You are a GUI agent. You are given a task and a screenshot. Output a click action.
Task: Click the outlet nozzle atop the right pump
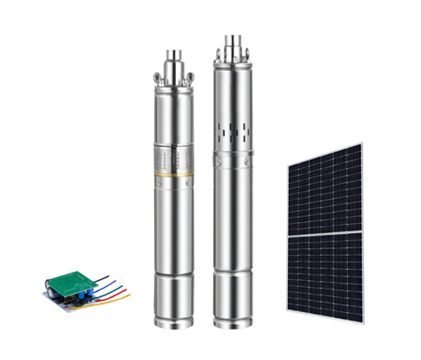(x=232, y=42)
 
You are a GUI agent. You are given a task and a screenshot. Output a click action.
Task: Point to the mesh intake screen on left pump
(x=174, y=158)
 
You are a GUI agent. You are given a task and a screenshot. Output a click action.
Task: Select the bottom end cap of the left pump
(x=174, y=307)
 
